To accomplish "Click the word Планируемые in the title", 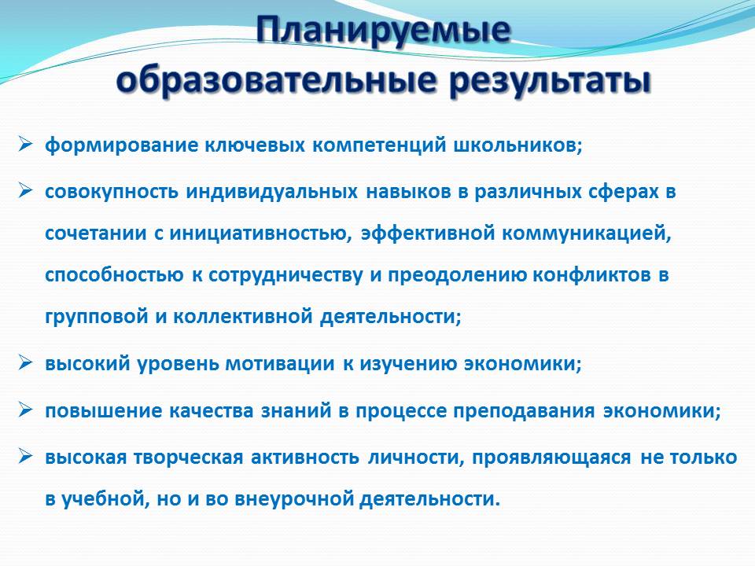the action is (383, 31).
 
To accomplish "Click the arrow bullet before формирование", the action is (25, 144).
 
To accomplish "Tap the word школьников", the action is (518, 145).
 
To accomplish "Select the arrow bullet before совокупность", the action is (25, 190).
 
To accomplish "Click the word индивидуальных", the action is (271, 192).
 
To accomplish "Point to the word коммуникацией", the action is (587, 234).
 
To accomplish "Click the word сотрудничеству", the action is (285, 276).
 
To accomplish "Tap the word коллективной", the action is (243, 317).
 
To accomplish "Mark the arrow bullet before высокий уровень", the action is (25, 362).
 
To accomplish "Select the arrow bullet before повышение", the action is (25, 410).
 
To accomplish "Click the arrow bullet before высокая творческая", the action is (25, 456).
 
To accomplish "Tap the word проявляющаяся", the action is (551, 458).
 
